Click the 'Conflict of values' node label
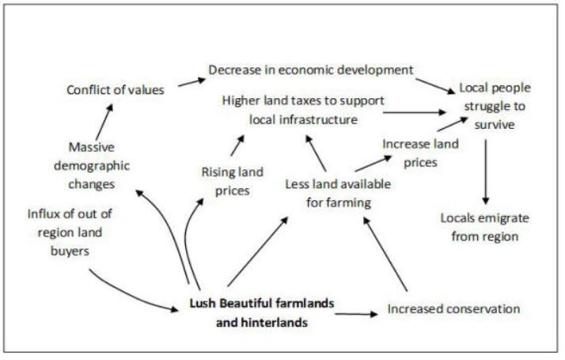click(x=116, y=89)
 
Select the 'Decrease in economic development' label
click(x=312, y=70)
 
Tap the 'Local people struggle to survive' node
click(x=495, y=106)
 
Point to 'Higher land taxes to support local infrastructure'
click(x=302, y=111)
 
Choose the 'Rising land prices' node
click(x=232, y=181)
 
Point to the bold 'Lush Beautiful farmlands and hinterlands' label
click(x=262, y=313)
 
